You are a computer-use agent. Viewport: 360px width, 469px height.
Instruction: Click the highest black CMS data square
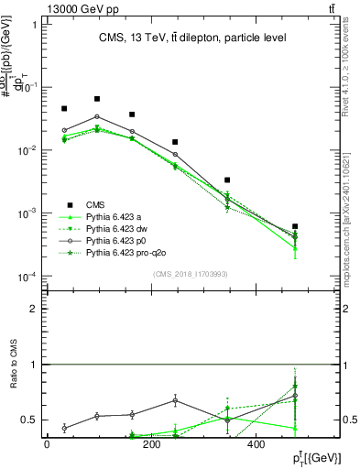(x=97, y=99)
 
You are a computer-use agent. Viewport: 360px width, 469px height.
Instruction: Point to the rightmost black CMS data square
(x=295, y=226)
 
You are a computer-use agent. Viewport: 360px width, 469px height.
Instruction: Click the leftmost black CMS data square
(x=64, y=109)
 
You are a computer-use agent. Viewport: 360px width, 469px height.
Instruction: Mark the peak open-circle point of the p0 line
(x=97, y=116)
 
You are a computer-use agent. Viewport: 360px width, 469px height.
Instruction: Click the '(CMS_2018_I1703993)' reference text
(x=191, y=274)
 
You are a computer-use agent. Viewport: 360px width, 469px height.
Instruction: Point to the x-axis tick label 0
(x=47, y=444)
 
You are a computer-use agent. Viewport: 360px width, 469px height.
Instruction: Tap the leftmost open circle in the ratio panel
(x=64, y=428)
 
